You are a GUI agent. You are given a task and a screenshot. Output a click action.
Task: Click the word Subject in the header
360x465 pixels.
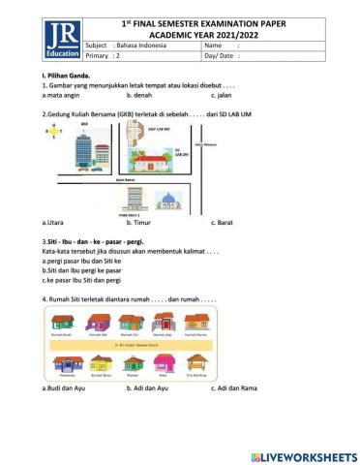[x=98, y=45]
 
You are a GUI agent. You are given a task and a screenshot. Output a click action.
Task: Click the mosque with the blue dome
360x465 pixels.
[x=170, y=202]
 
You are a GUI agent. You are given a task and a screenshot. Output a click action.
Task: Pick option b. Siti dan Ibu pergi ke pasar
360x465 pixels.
[x=81, y=270]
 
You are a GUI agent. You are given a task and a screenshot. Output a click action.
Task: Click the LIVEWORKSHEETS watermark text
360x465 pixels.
[x=303, y=455]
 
